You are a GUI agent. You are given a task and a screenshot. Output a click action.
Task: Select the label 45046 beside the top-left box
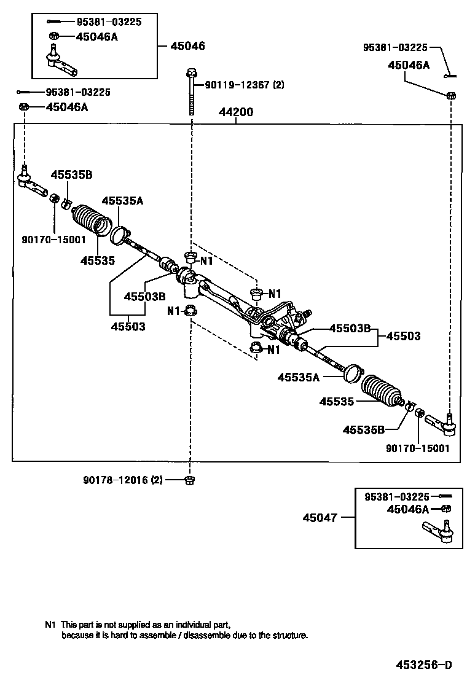click(187, 46)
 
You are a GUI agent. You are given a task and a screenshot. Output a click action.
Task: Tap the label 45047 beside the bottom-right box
click(320, 517)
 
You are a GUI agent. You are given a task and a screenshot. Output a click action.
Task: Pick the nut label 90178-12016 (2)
click(124, 480)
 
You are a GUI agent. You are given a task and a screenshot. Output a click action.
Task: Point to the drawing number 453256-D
click(423, 665)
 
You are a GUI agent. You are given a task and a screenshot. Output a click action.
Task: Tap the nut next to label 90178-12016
click(190, 480)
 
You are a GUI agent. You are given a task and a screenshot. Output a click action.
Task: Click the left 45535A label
click(122, 201)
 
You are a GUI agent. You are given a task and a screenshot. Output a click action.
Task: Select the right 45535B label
click(363, 429)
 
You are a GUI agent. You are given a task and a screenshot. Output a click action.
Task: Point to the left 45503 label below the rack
click(128, 327)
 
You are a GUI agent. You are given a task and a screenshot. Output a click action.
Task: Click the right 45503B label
click(350, 328)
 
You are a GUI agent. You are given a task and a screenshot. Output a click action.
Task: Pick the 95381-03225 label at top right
click(394, 47)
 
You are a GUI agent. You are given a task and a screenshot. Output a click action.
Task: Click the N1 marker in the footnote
click(50, 623)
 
